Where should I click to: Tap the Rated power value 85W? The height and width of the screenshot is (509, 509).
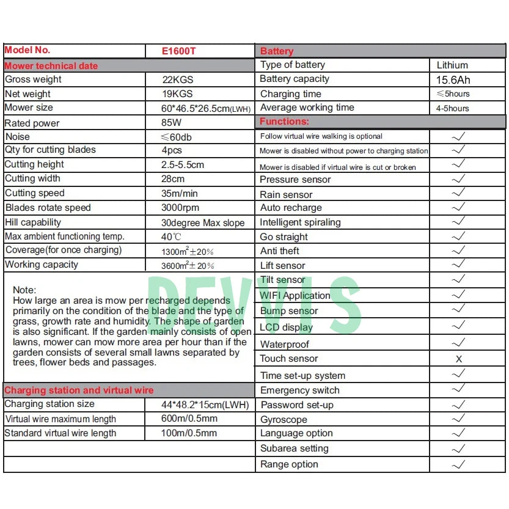172,123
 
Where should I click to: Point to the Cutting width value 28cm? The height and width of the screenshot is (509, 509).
172,179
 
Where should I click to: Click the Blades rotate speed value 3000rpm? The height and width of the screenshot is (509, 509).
180,208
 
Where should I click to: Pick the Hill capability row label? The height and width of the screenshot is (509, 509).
33,222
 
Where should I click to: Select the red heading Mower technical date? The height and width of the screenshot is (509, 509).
51,66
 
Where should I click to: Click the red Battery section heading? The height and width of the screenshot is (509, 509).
277,51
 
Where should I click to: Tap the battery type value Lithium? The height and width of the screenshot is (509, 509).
452,65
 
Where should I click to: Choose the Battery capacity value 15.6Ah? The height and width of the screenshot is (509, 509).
453,80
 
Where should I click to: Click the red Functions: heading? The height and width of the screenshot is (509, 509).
284,122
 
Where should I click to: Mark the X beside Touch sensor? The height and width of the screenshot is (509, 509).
459,359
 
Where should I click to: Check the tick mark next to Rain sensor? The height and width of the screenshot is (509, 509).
458,194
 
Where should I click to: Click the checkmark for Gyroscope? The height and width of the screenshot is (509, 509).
458,419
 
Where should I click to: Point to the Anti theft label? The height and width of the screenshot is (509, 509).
280,251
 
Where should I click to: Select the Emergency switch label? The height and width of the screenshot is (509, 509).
299,390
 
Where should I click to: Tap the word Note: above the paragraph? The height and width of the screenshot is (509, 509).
24,290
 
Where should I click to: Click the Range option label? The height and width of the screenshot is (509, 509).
289,464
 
